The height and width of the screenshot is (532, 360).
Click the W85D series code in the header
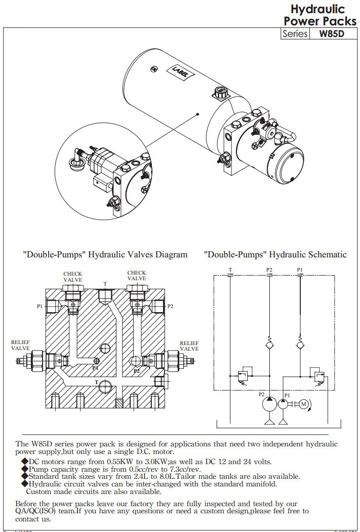click(x=332, y=34)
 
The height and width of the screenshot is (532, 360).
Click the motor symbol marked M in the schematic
click(x=304, y=403)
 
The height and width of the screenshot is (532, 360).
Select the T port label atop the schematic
click(x=230, y=270)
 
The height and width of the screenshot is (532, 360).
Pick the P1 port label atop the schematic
click(x=300, y=270)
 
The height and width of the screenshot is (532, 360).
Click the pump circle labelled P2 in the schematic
click(x=268, y=404)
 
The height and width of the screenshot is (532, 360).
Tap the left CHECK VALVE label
click(x=72, y=276)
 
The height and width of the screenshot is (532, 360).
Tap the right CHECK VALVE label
click(x=137, y=276)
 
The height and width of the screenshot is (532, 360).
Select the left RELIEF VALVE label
click(x=21, y=346)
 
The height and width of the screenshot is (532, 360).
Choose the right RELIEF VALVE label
click(x=189, y=346)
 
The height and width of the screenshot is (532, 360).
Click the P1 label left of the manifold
click(x=39, y=306)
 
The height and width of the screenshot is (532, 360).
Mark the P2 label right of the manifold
click(x=170, y=306)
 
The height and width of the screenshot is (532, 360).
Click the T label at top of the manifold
click(x=105, y=284)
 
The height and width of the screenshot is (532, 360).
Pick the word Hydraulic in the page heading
click(x=317, y=9)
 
